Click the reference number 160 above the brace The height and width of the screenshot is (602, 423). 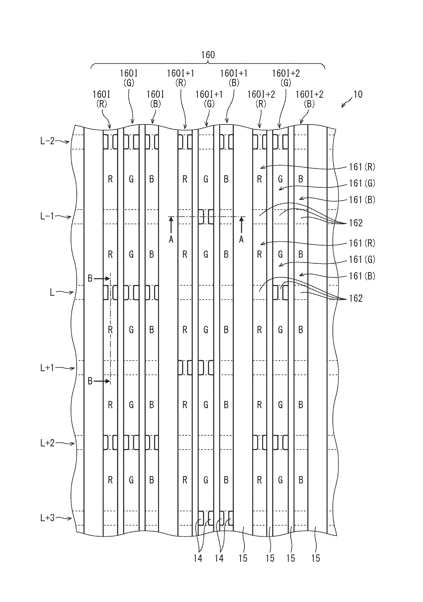pyautogui.click(x=208, y=55)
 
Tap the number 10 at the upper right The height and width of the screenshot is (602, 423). pyautogui.click(x=358, y=94)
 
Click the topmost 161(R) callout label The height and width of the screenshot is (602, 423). pyautogui.click(x=362, y=167)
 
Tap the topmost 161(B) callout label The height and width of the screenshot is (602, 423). pyautogui.click(x=362, y=200)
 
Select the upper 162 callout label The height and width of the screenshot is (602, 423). pyautogui.click(x=356, y=223)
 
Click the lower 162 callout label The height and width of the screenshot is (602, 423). pyautogui.click(x=356, y=298)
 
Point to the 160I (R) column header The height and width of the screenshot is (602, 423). pyautogui.click(x=101, y=99)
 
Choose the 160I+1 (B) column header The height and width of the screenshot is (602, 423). pyautogui.click(x=234, y=78)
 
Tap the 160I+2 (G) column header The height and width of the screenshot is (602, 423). pyautogui.click(x=286, y=78)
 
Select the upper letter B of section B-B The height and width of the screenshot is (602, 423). pyautogui.click(x=90, y=278)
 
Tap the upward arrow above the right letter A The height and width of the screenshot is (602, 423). pyautogui.click(x=241, y=225)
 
